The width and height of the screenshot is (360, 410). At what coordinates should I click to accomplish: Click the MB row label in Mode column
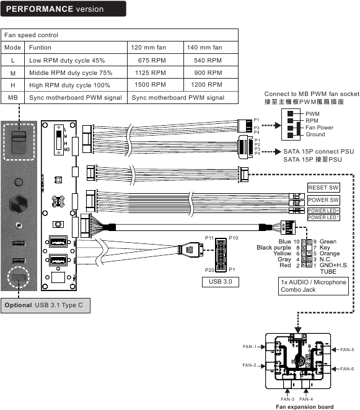[12, 97]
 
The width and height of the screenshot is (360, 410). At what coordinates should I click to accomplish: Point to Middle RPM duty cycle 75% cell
[67, 72]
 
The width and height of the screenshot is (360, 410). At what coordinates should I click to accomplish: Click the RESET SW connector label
[323, 188]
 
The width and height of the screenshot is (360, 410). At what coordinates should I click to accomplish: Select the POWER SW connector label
[323, 200]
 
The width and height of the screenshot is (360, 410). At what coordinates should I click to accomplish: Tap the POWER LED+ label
[323, 211]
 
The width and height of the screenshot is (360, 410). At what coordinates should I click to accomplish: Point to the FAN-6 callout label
[347, 369]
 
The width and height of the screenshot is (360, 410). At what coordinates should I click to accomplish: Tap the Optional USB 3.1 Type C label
[45, 306]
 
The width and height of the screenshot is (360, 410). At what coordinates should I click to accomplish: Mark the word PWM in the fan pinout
[313, 114]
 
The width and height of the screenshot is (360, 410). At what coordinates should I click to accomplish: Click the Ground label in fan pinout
[315, 134]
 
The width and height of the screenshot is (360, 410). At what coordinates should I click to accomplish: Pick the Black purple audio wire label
[273, 248]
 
